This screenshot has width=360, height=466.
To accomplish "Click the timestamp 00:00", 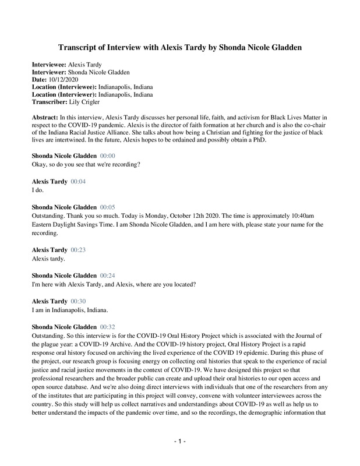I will [108, 156].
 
